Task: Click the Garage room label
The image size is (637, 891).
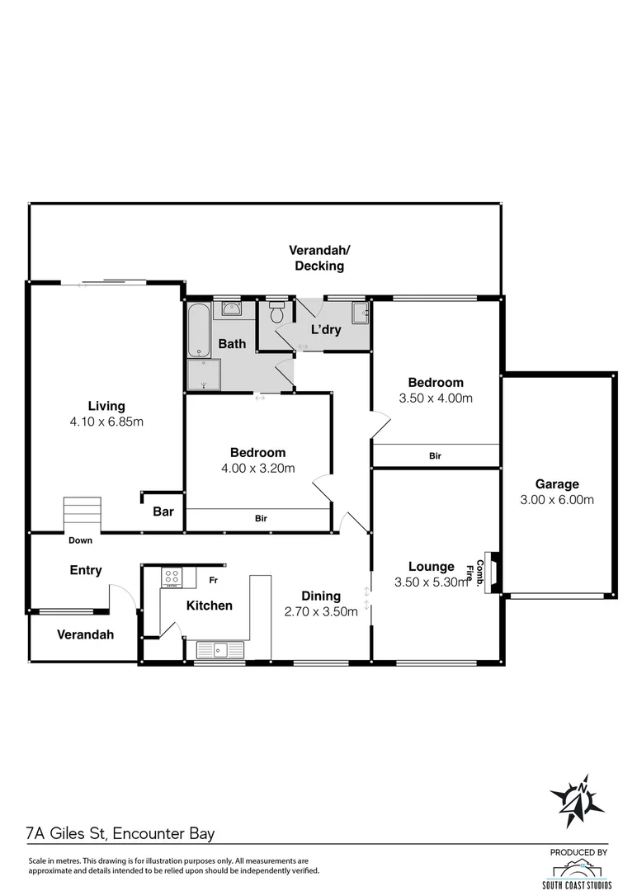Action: (x=557, y=484)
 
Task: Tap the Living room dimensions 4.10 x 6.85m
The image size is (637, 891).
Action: (x=106, y=422)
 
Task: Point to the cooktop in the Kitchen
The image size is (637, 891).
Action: (x=172, y=577)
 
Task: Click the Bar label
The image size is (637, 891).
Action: (x=163, y=511)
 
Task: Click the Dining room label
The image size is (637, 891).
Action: (x=321, y=596)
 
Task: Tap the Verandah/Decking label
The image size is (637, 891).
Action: (x=316, y=257)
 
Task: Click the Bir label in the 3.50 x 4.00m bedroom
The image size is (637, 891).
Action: (x=435, y=455)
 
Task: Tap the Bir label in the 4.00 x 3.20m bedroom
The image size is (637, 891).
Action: (x=261, y=519)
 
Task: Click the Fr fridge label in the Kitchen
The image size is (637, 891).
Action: (x=212, y=580)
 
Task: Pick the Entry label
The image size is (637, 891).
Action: (x=86, y=570)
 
